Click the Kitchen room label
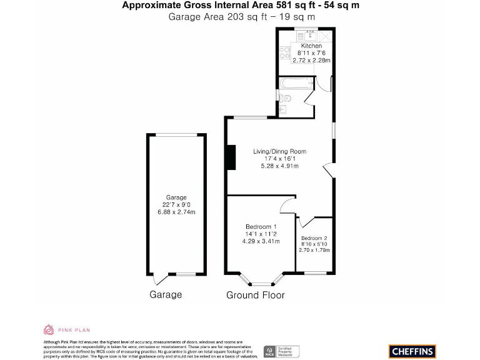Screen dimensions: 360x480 pyautogui.click(x=311, y=46)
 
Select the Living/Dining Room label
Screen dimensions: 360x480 pyautogui.click(x=279, y=151)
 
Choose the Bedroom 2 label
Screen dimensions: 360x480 pyautogui.click(x=314, y=238)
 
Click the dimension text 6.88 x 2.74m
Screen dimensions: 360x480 pyautogui.click(x=176, y=212)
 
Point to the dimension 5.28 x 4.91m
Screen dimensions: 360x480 pyautogui.click(x=279, y=166)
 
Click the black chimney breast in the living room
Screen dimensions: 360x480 pyautogui.click(x=231, y=157)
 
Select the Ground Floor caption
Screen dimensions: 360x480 pyautogui.click(x=255, y=295)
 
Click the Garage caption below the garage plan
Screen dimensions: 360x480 pyautogui.click(x=165, y=295)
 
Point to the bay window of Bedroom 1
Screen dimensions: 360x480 pyautogui.click(x=262, y=276)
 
